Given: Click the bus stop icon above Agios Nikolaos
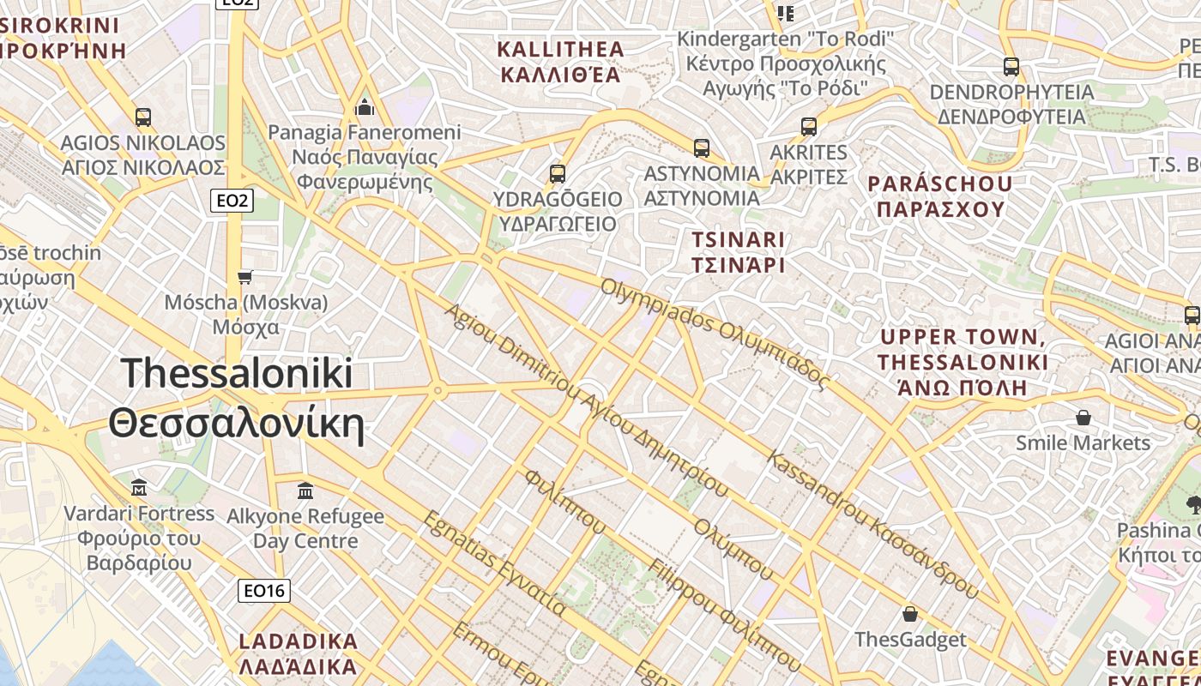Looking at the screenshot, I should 142,117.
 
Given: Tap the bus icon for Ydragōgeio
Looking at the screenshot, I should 558,174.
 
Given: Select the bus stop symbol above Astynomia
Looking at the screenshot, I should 702,147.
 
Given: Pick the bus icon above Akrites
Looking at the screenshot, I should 808,127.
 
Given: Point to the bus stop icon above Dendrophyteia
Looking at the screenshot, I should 1011,66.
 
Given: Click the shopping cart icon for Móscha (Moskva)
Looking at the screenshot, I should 245,277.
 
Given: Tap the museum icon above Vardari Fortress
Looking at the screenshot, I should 139,488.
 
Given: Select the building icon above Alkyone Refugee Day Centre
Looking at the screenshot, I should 305,491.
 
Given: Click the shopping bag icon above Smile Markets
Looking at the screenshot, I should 1083,418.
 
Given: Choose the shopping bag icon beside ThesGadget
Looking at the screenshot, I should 909,614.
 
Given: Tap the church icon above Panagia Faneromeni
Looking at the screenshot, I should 365,107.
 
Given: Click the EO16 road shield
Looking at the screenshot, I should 263,590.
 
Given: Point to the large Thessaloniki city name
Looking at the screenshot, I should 236,399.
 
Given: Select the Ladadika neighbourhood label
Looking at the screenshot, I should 298,653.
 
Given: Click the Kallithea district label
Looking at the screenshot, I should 561,61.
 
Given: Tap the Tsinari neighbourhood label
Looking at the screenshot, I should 739,252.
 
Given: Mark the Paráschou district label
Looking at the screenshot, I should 939,196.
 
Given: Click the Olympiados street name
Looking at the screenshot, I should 715,334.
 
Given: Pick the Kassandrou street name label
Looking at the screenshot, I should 872,524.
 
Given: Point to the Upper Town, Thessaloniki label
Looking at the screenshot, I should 963,362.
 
